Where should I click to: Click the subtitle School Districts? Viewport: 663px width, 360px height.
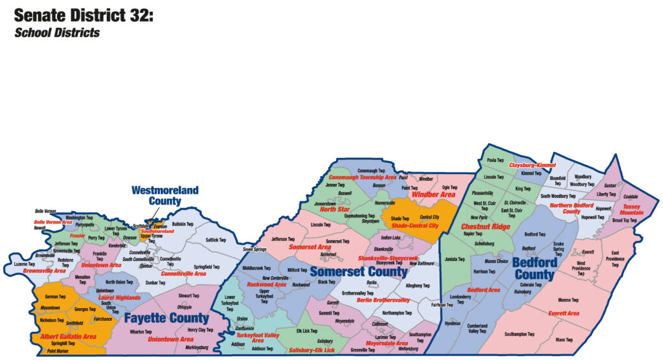click(x=57, y=32)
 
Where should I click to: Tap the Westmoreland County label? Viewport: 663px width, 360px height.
click(x=156, y=196)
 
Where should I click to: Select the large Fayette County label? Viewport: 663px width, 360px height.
click(x=166, y=318)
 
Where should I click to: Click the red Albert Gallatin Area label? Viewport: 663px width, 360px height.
click(x=64, y=337)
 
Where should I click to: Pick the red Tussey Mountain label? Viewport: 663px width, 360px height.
click(x=631, y=209)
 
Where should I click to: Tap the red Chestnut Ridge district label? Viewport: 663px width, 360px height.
click(x=485, y=227)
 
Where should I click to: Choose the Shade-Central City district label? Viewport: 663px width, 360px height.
click(x=415, y=225)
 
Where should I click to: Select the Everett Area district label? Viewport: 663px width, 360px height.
click(x=563, y=313)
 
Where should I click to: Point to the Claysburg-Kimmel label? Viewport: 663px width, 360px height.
click(x=533, y=165)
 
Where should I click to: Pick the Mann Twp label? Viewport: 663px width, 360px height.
click(x=564, y=339)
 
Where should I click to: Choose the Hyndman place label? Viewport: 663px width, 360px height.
click(x=453, y=323)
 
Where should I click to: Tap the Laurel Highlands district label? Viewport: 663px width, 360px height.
click(x=119, y=297)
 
